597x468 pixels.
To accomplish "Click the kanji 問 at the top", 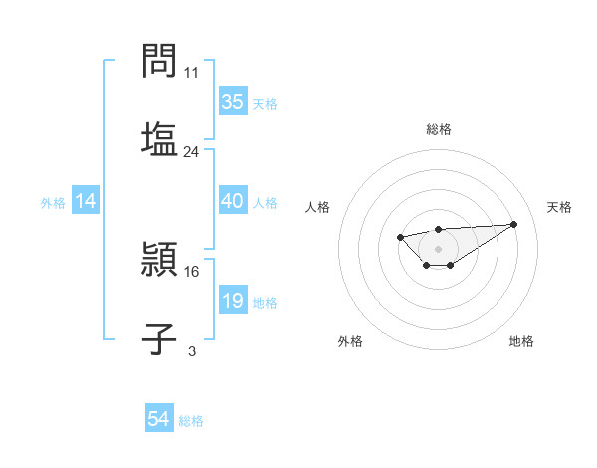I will (159, 62).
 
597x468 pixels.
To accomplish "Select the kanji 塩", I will (159, 139).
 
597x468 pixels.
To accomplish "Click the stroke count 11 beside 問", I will (192, 73).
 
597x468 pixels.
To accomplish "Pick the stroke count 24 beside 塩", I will (192, 152).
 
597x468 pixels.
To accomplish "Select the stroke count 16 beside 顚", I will (192, 271).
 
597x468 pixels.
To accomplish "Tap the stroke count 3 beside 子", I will (192, 351).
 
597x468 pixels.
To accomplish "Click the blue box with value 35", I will (232, 102).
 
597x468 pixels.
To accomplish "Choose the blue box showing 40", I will (232, 201).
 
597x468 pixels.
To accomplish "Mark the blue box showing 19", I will (232, 301).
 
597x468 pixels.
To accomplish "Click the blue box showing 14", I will (86, 201).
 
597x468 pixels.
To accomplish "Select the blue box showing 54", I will (159, 419).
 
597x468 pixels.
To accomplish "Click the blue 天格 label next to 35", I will (265, 103).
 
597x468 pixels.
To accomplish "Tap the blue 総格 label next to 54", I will (191, 421).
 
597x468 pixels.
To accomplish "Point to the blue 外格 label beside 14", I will (53, 202).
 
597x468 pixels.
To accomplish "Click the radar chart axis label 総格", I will (439, 129).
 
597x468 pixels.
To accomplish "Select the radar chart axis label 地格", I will (521, 341).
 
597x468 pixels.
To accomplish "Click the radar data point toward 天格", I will (513, 224).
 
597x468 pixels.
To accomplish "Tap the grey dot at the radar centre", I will (439, 248).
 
